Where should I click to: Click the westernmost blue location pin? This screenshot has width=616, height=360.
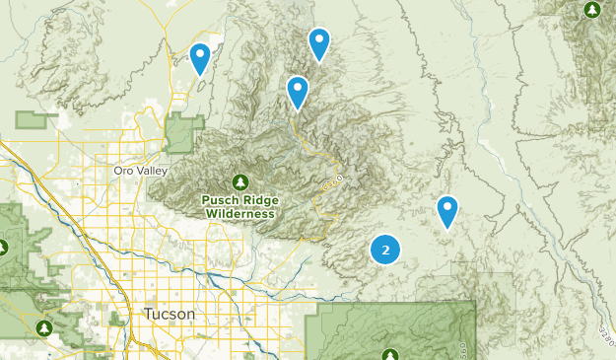(x=200, y=57)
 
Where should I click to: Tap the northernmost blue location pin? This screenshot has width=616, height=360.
(x=318, y=42)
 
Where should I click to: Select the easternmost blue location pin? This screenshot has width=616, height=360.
(x=447, y=210)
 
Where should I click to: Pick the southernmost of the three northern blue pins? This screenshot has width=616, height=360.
(x=298, y=91)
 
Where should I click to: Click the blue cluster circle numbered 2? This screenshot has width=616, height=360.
(x=385, y=250)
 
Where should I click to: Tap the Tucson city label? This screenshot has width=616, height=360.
(x=170, y=314)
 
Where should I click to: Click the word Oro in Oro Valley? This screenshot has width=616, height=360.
(x=123, y=171)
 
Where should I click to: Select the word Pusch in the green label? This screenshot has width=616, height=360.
(x=218, y=200)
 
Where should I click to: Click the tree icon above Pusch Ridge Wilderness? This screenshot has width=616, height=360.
(x=240, y=182)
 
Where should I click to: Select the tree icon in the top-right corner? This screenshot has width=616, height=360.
(x=591, y=10)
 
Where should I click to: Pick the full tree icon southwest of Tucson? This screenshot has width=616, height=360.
(x=43, y=327)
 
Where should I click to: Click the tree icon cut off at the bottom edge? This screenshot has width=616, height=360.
(x=391, y=354)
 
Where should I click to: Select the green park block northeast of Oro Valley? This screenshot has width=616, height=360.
(x=182, y=133)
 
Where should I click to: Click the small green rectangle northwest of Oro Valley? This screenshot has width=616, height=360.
(x=36, y=120)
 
